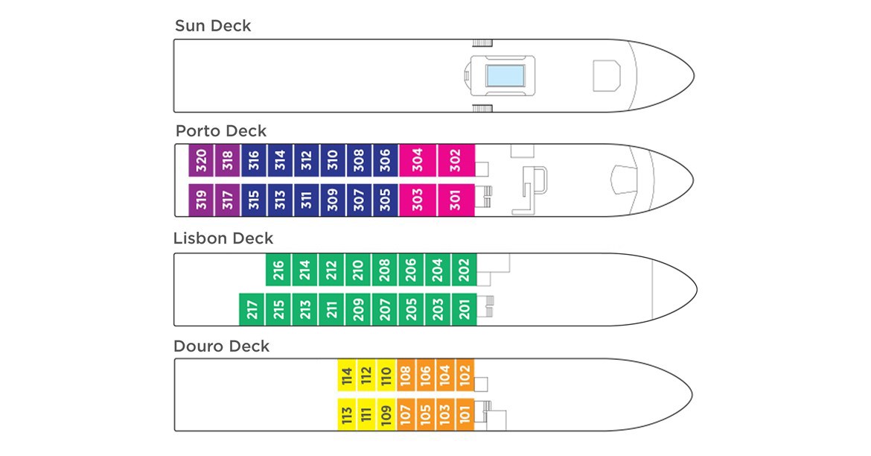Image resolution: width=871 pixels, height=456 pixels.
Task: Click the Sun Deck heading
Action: (x=213, y=26)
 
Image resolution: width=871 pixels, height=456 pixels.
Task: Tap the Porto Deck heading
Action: (x=220, y=131)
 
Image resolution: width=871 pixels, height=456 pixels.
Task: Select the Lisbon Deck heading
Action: (x=223, y=238)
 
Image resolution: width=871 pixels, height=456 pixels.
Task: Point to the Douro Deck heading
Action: (x=221, y=346)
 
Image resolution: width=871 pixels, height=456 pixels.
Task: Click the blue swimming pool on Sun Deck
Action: (x=505, y=76)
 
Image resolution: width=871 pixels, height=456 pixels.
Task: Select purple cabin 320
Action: (x=201, y=160)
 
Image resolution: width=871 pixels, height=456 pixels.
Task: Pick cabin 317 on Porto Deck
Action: (x=228, y=199)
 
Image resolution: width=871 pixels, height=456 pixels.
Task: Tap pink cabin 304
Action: (x=418, y=160)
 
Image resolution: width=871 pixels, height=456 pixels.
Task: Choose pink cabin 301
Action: (x=456, y=199)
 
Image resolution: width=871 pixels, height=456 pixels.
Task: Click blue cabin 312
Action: (x=307, y=160)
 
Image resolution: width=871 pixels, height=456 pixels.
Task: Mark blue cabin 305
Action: (x=385, y=199)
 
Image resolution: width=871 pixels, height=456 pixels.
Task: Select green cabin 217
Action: (x=252, y=309)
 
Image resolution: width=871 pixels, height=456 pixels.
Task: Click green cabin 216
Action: (x=278, y=270)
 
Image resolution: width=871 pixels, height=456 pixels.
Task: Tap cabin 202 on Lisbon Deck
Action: (x=464, y=270)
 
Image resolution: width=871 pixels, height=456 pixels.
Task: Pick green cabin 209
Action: (x=358, y=309)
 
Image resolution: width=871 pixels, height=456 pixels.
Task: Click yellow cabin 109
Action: (x=386, y=414)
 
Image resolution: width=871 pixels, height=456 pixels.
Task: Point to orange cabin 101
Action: (x=465, y=414)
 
